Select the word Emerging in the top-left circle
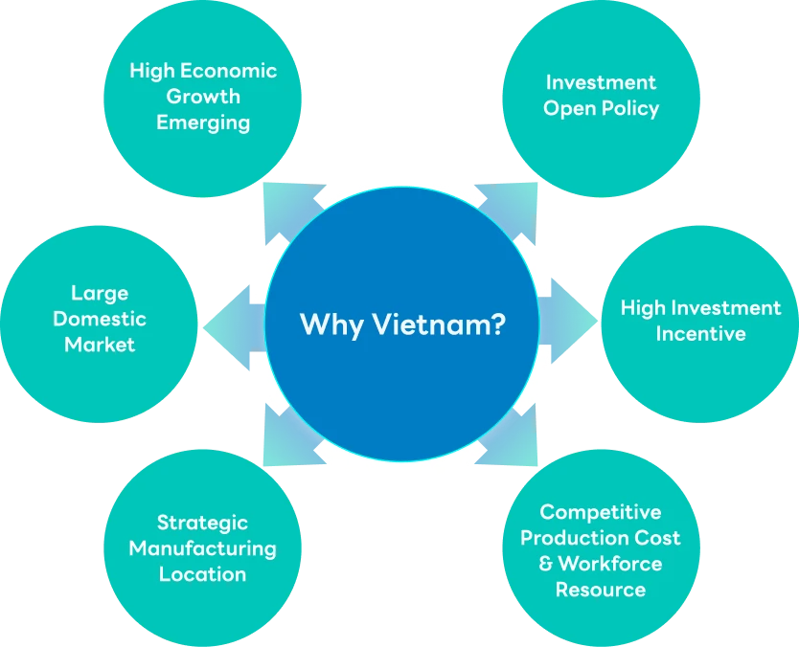coord(203,123)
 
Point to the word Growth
coord(203,97)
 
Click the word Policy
coord(629,108)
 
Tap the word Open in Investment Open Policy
coord(569,108)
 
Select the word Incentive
coord(700,334)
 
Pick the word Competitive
coord(601,512)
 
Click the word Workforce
coord(610,564)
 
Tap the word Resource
coord(601,590)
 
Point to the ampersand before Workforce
coord(546,564)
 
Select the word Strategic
coord(202,523)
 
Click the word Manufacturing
coord(202,548)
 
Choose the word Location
coord(202,574)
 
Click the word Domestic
coord(100,319)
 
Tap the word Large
coord(100,293)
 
